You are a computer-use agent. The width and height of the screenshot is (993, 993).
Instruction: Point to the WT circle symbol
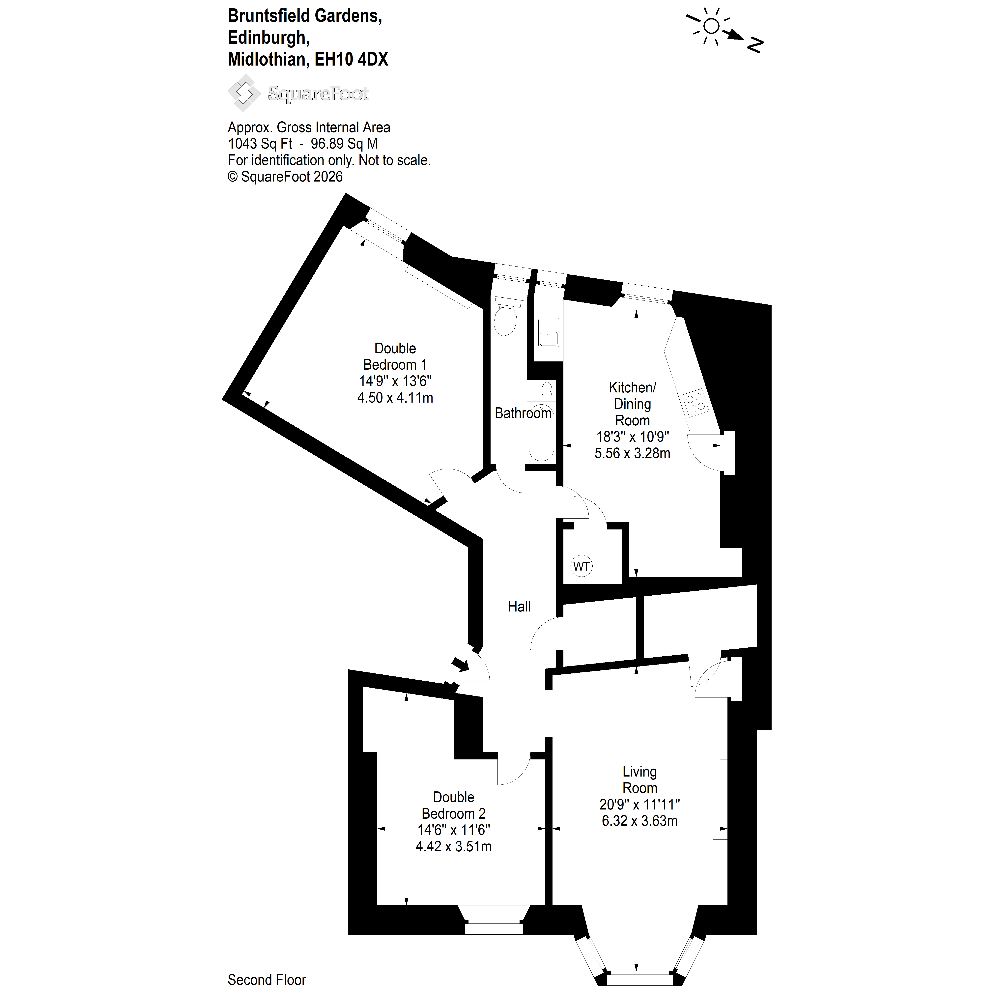point(581,566)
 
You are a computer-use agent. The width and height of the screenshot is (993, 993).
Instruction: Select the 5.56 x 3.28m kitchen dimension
point(632,453)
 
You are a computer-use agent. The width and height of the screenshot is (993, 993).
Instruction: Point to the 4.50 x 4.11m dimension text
point(395,398)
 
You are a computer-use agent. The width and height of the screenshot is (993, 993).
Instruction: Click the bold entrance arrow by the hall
point(460,664)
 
